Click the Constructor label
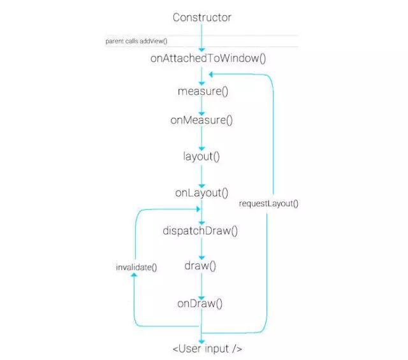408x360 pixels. tap(202, 17)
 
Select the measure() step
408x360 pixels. tap(203, 91)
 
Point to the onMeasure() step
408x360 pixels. tap(202, 120)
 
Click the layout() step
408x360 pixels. tap(201, 155)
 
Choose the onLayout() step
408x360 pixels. tap(201, 192)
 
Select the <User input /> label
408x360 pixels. tap(207, 349)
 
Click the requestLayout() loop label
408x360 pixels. tap(268, 204)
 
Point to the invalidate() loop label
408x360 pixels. tap(136, 268)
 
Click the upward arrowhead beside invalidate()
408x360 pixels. tap(134, 279)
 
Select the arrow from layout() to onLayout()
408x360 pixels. tap(201, 174)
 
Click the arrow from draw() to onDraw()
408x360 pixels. tap(201, 285)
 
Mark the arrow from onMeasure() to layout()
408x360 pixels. tap(201, 138)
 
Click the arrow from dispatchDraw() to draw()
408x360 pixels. tap(201, 248)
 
